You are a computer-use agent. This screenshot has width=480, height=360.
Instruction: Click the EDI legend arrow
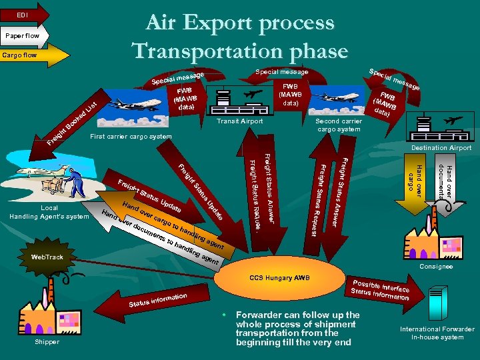(x=24, y=13)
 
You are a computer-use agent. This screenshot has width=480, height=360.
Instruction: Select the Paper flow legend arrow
(x=24, y=35)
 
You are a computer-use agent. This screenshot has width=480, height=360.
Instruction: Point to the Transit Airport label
(x=240, y=121)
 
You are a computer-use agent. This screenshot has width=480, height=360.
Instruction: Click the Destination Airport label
(x=441, y=147)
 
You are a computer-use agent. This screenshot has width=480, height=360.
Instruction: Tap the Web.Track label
(x=47, y=257)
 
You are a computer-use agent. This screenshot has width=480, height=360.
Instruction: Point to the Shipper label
(x=46, y=341)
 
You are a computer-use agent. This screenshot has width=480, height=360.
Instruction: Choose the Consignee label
(x=436, y=267)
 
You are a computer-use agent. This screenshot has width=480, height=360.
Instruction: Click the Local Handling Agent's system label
(x=49, y=212)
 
